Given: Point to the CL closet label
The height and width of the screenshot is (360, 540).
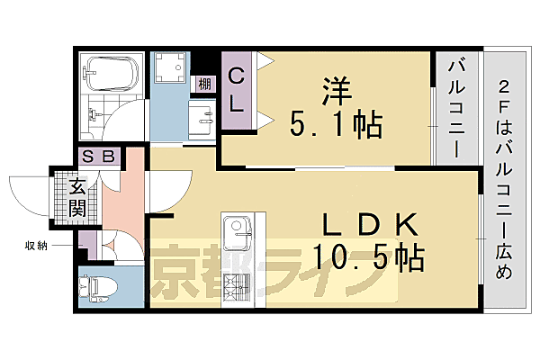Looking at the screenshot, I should point(237,90).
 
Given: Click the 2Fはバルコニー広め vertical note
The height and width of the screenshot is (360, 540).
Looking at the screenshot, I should point(507,180).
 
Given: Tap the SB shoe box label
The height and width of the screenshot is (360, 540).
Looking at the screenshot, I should point(99,156).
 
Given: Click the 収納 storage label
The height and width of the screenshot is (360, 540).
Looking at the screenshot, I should point(38,244).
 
